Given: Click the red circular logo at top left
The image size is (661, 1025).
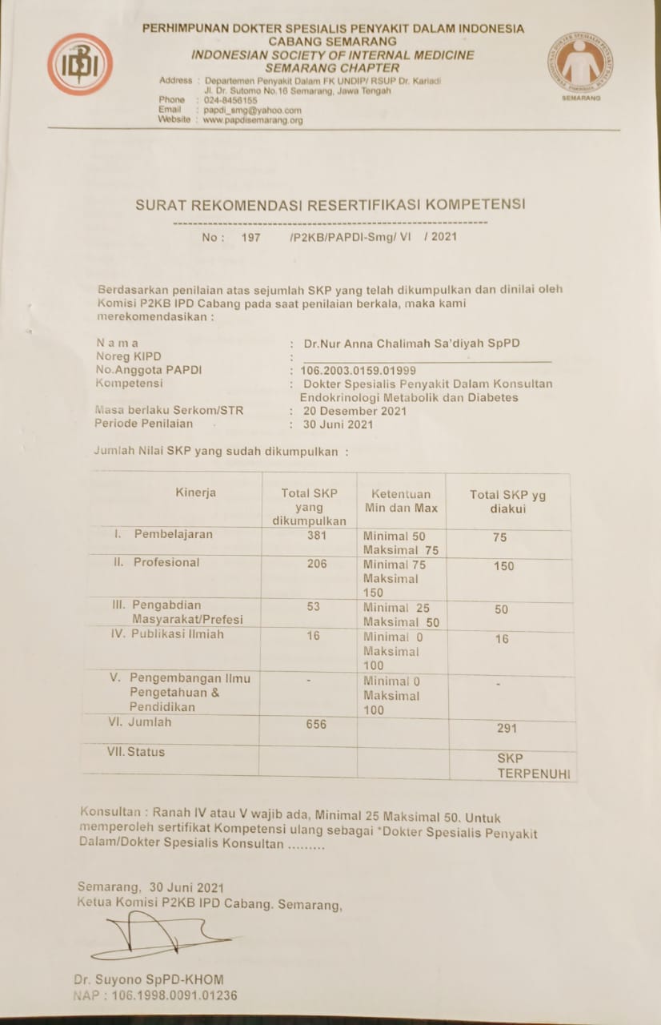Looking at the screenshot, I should point(79,64).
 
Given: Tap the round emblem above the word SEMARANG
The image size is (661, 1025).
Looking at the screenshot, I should point(580,62).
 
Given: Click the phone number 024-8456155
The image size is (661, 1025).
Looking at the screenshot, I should point(230,100).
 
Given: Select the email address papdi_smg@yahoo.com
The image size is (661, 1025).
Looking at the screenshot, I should point(252,110).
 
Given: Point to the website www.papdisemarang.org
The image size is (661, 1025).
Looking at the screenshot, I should point(253,119).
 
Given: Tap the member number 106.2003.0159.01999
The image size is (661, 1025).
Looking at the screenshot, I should point(358,370).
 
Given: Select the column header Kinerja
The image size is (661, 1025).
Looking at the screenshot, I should point(196,492).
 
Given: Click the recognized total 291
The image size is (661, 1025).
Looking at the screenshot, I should point(507,728).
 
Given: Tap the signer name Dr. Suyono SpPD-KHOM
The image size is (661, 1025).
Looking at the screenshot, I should point(149,979).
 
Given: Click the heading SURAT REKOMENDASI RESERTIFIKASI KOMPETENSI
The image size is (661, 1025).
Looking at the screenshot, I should point(330,204).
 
